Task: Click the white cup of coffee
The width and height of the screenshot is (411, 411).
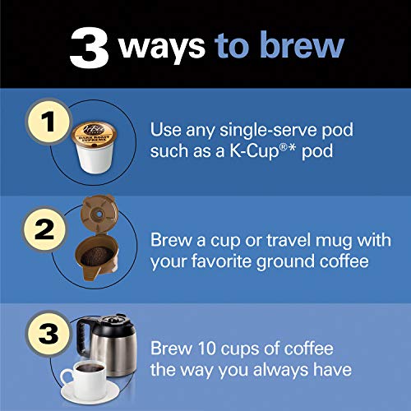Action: pyautogui.click(x=82, y=375)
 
